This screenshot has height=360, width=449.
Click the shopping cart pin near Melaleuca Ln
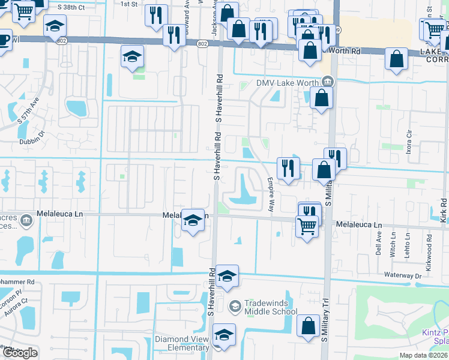pos(307,227)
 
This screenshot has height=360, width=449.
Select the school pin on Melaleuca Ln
pos(193,221)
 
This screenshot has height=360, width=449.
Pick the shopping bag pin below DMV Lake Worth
pos(322,98)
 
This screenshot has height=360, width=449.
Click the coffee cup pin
pos(4,40)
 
